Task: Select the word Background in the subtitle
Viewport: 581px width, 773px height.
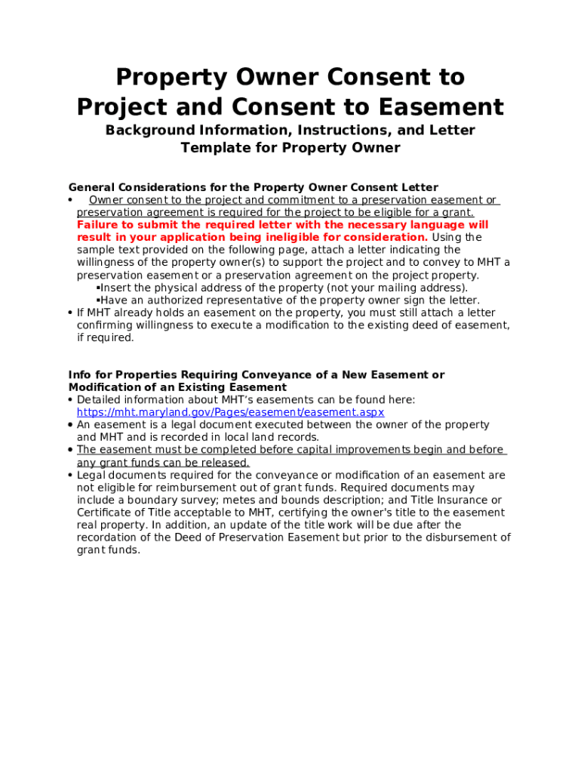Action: click(149, 130)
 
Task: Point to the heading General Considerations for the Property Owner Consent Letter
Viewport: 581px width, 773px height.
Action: click(253, 187)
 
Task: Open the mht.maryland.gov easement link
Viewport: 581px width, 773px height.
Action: click(230, 412)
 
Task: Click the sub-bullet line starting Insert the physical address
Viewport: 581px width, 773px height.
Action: click(284, 288)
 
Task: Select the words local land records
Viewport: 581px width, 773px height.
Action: click(266, 437)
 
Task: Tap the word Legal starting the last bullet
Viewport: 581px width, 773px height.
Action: click(91, 475)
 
